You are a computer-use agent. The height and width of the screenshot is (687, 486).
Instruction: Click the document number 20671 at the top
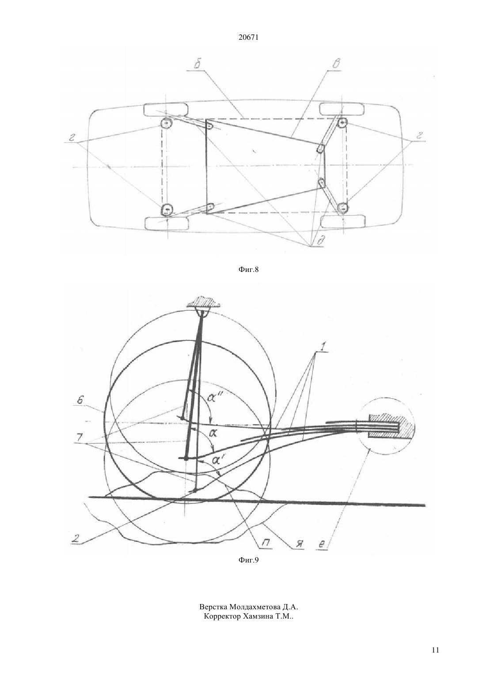248,38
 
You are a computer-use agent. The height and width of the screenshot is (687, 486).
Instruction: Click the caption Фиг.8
248,270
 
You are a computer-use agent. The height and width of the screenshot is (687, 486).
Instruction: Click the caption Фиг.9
248,560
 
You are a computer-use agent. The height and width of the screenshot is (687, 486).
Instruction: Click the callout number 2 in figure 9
76,539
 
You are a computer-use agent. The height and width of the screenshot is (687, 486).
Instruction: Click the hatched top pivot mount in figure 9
204,302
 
